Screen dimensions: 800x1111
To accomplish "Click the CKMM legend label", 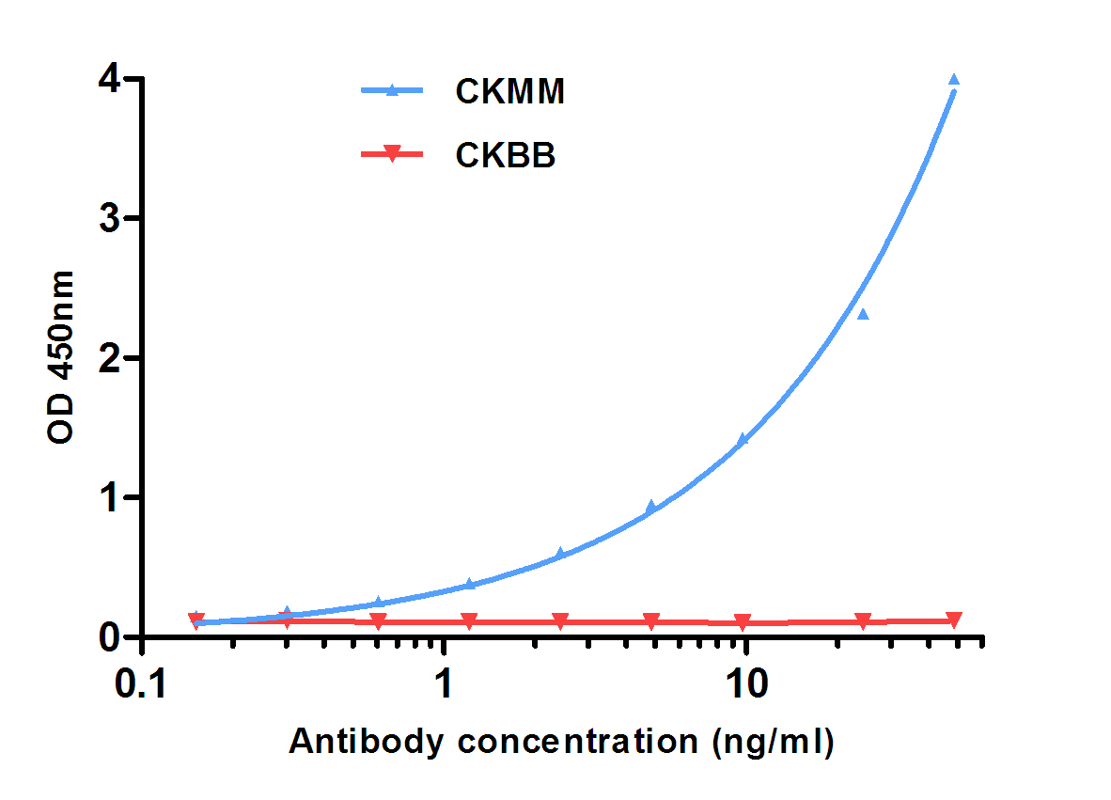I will coord(509,91).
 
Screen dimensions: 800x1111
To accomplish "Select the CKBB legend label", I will coord(506,155).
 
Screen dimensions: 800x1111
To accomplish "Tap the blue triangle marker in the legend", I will coord(393,90).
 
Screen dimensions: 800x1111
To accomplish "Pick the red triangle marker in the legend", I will coord(393,155).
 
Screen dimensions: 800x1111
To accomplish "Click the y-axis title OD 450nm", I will coord(61,357).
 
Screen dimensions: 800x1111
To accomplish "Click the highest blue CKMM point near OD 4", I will coord(954,80).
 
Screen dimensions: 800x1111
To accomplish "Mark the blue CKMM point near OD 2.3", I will coord(863,314).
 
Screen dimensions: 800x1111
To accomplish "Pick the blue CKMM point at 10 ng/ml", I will coord(743,439).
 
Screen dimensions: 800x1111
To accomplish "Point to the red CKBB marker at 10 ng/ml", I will coord(743,622).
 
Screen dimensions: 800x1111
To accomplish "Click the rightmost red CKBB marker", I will coord(954,620).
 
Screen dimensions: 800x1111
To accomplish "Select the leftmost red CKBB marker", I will coord(196,620).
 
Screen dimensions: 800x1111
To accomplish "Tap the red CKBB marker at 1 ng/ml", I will coord(469,621).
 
